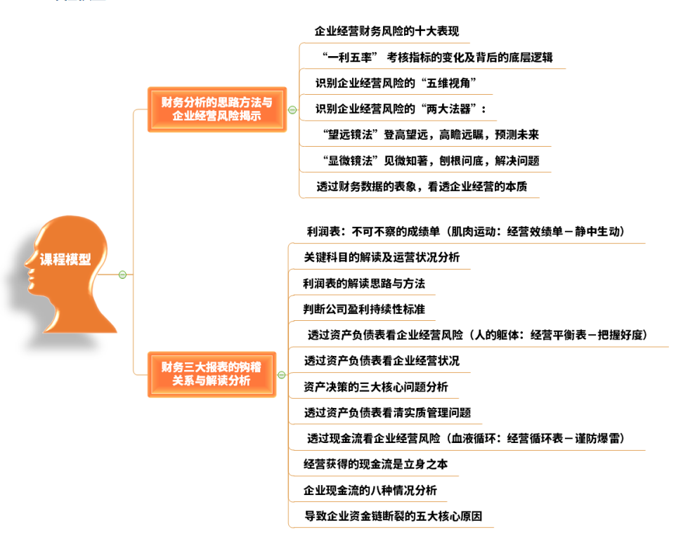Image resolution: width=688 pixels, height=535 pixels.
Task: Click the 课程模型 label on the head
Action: [x=65, y=259]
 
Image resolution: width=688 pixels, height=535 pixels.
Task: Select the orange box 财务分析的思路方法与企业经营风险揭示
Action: [x=216, y=110]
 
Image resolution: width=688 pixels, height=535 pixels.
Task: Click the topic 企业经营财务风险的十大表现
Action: [x=387, y=32]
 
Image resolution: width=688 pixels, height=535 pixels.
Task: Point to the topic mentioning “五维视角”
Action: [x=396, y=84]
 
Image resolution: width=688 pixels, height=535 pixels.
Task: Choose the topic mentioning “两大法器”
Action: [x=401, y=109]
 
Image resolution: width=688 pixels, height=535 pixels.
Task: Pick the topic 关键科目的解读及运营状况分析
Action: [x=382, y=258]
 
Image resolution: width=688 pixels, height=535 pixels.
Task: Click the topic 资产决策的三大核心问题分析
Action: [x=376, y=387]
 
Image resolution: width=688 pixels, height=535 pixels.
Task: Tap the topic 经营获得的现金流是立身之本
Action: [x=375, y=464]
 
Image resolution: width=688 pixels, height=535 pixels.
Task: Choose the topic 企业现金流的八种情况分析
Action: [x=370, y=490]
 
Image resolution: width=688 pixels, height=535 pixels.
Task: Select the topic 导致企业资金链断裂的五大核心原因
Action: [x=393, y=516]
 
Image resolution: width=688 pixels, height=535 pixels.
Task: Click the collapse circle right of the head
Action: [x=123, y=274]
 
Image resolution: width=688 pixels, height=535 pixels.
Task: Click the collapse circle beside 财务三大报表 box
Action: [x=281, y=375]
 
